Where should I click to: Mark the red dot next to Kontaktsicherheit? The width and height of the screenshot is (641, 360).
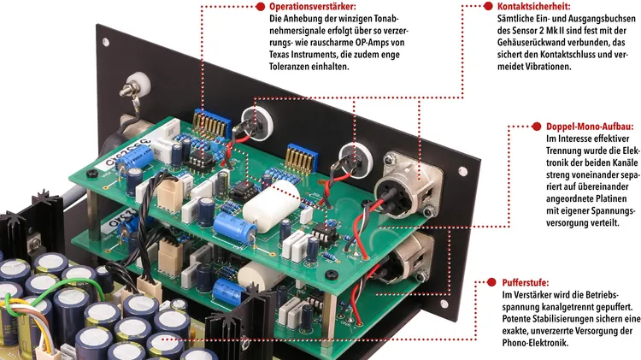(488, 7)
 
